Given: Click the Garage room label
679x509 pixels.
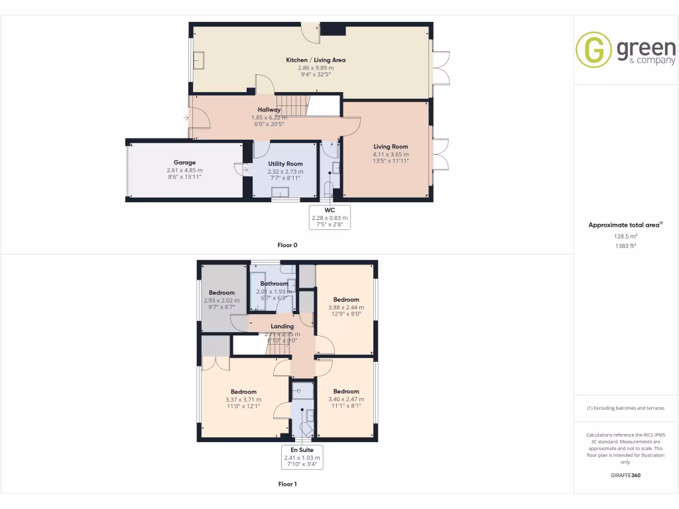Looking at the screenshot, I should click(184, 162).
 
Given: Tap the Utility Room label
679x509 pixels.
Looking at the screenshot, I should click(285, 164).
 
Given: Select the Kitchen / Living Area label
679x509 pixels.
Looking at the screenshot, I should click(316, 60).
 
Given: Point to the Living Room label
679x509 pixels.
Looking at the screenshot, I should click(391, 146).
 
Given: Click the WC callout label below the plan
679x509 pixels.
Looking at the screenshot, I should click(330, 210).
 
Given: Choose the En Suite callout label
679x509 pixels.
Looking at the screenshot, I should click(302, 450).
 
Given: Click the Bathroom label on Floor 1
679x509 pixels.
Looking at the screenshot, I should click(274, 284).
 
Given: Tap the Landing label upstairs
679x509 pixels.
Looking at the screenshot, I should click(282, 327).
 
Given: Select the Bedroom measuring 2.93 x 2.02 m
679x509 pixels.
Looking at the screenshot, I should click(221, 293).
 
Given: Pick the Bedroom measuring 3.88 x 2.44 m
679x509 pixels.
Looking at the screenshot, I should click(346, 300).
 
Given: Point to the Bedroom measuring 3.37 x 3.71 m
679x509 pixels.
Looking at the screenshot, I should click(243, 392).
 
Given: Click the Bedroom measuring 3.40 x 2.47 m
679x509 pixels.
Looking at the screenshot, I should click(346, 392).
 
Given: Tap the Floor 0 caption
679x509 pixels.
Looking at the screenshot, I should click(287, 245).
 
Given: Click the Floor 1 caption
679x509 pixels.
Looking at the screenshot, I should click(287, 484).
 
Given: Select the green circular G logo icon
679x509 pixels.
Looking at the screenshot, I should click(593, 50).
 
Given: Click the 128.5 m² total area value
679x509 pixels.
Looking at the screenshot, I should click(625, 236).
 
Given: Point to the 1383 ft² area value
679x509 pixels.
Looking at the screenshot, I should click(625, 245).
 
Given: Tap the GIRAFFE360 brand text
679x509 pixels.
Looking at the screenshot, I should click(625, 475).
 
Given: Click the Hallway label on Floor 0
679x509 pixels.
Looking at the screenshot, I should click(269, 110).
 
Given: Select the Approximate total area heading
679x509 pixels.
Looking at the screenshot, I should click(625, 225).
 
